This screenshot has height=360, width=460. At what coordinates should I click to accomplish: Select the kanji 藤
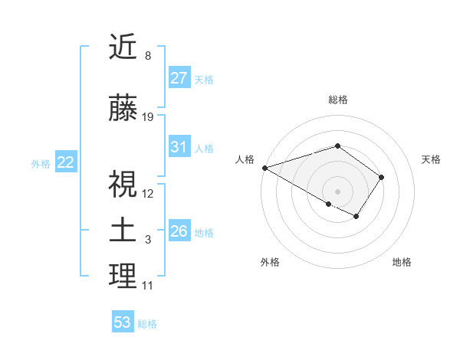pyautogui.click(x=123, y=109)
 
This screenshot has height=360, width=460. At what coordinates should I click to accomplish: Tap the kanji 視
pyautogui.click(x=123, y=183)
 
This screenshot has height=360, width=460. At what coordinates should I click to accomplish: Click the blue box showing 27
pyautogui.click(x=179, y=78)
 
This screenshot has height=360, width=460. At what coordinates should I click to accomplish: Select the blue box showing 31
pyautogui.click(x=179, y=147)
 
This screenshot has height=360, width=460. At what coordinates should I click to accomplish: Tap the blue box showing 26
pyautogui.click(x=179, y=231)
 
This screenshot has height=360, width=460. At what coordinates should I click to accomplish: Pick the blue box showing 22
pyautogui.click(x=66, y=162)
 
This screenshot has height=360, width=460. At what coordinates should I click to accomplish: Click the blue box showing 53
pyautogui.click(x=123, y=322)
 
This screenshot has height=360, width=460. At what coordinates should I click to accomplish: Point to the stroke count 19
pyautogui.click(x=148, y=117)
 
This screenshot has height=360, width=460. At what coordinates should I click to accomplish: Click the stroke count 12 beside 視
pyautogui.click(x=148, y=193)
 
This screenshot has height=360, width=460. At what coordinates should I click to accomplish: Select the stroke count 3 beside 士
pyautogui.click(x=148, y=240)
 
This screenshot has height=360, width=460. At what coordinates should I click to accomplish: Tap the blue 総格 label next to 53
pyautogui.click(x=147, y=323)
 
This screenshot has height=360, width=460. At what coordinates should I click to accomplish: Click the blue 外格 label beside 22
pyautogui.click(x=41, y=163)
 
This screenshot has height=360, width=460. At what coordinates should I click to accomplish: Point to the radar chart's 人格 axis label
pyautogui.click(x=245, y=159)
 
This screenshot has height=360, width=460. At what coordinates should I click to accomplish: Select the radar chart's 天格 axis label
pyautogui.click(x=432, y=159)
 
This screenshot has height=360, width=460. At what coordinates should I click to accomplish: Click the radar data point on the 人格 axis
pyautogui.click(x=264, y=168)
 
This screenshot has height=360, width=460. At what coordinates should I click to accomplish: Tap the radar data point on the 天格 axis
pyautogui.click(x=382, y=177)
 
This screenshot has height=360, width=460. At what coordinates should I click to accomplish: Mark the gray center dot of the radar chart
pyautogui.click(x=337, y=191)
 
